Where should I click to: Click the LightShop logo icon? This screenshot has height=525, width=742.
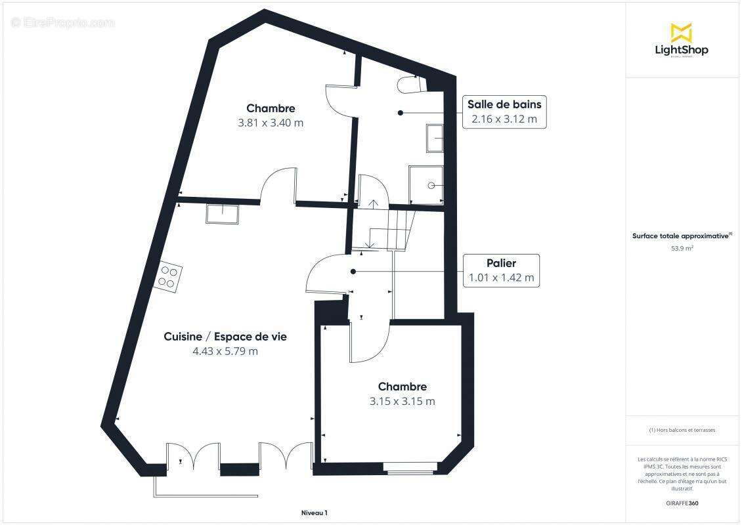click(681, 32)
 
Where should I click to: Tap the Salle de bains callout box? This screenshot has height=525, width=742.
click(504, 112)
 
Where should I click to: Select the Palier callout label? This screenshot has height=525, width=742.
click(502, 270)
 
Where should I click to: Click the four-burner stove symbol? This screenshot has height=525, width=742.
click(169, 276)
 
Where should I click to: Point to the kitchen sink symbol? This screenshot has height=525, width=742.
click(223, 214)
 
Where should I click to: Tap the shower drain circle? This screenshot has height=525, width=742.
click(431, 186)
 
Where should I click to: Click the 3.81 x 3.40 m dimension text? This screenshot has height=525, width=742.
click(271, 122)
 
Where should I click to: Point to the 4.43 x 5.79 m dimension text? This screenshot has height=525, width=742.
click(225, 351)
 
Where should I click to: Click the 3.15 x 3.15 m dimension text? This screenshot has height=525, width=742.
click(402, 402)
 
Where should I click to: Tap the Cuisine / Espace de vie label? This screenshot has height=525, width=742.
click(225, 337)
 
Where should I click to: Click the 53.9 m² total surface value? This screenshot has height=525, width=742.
click(682, 249)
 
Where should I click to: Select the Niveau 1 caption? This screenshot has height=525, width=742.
click(314, 513)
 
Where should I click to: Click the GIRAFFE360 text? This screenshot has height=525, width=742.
click(682, 503)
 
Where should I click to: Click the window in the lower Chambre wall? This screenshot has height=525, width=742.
click(410, 469)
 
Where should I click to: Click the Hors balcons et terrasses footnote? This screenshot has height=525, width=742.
click(682, 430)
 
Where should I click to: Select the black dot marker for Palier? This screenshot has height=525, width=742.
click(353, 271)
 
